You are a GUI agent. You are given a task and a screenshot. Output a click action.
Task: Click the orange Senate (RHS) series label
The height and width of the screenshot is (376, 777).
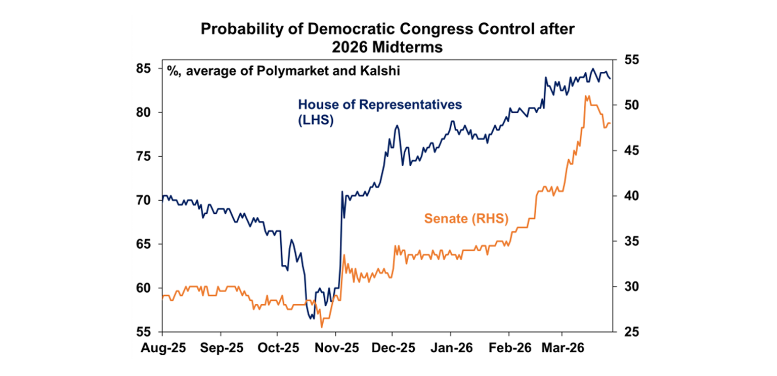pos(466,218)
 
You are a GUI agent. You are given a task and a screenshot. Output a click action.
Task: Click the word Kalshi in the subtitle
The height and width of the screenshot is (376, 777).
pos(383,71)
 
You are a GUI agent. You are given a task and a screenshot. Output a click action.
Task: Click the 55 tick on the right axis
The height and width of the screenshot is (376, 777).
pos(626,60)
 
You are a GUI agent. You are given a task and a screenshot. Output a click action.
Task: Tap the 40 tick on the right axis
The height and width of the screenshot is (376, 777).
pos(626,196)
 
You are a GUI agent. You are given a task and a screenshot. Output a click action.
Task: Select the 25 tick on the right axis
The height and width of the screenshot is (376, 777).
pos(626,332)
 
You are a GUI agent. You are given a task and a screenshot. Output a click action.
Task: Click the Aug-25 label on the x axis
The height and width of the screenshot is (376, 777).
pos(162,348)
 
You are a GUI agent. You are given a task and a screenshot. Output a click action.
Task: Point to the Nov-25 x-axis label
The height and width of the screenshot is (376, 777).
pos(336,348)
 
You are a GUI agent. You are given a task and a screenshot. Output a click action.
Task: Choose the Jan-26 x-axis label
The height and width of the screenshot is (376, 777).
pos(451,348)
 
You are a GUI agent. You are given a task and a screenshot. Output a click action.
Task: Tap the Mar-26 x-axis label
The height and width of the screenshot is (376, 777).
pos(562,348)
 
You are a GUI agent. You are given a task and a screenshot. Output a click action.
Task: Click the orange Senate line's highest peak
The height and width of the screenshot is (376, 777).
pos(586,96)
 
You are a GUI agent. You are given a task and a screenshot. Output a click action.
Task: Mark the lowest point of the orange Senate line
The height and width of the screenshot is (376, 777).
pos(321,327)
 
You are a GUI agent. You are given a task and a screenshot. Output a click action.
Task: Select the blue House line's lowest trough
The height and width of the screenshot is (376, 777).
pos(311,318)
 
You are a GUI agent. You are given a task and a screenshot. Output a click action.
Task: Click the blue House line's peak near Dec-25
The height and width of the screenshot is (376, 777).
pos(397,125)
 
